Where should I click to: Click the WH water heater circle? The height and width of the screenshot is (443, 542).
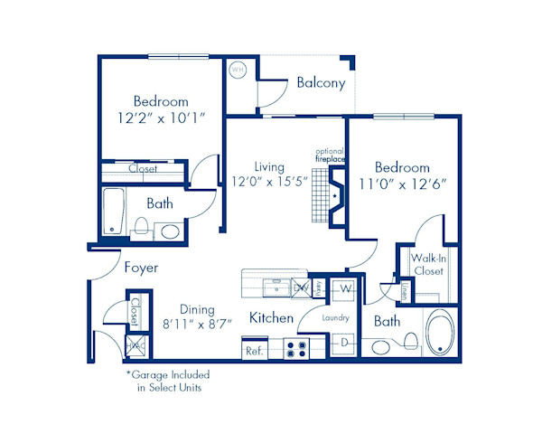238,69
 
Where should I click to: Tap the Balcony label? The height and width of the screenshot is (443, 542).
320,83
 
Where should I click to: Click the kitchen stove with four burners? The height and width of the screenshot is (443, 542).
296,347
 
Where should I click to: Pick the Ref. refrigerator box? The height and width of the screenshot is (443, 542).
255,350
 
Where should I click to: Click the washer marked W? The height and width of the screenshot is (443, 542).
345,289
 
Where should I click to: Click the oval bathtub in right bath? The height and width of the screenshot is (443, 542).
442,334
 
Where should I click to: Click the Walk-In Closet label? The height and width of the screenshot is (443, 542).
428,264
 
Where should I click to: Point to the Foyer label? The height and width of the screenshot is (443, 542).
140,268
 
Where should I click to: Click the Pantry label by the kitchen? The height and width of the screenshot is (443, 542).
320,287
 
